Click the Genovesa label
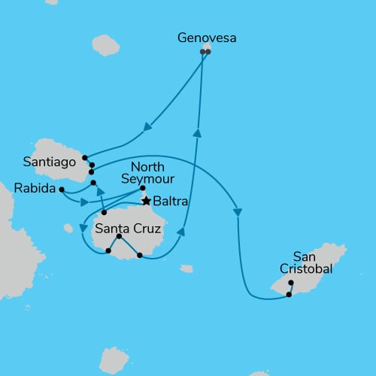(206, 36)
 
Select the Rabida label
(35, 189)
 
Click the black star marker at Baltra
(147, 201)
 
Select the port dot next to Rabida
(62, 190)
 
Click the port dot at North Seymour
(142, 188)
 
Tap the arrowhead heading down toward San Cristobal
(238, 212)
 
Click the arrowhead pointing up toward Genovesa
(197, 133)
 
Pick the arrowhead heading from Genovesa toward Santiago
(147, 128)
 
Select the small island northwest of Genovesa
(105, 45)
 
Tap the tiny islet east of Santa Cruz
(186, 268)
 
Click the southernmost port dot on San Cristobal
(289, 295)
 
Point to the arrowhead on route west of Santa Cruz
(83, 228)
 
